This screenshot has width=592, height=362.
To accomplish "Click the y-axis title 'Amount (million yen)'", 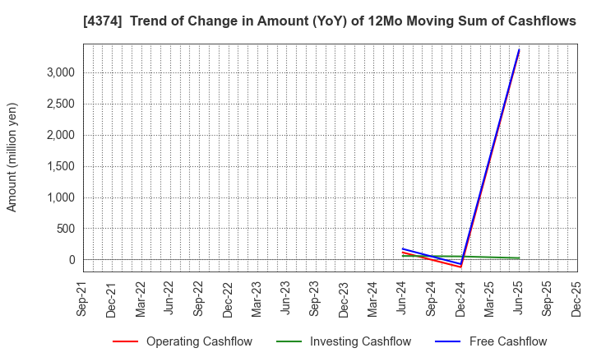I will click(12, 157).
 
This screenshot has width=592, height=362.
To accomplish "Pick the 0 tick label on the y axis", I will click(72, 260).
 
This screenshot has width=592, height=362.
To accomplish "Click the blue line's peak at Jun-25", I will click(519, 50).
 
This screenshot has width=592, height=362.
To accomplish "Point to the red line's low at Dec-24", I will click(460, 267).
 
